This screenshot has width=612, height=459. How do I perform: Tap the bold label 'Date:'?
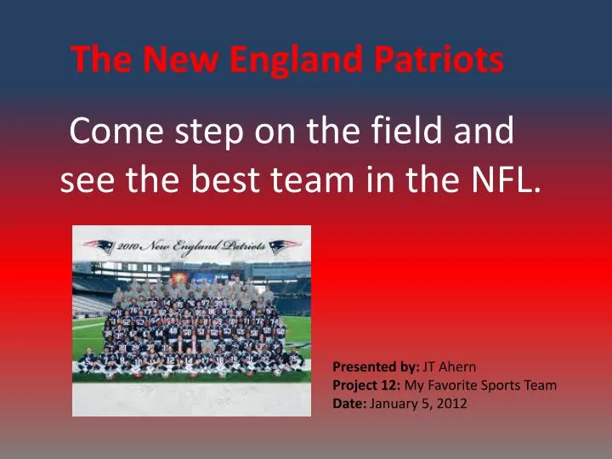tap(349, 403)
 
